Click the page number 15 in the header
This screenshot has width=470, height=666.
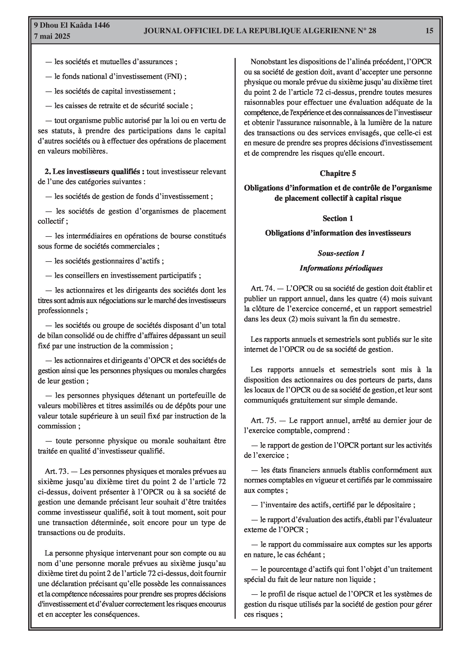click(429, 31)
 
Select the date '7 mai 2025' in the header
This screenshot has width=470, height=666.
click(52, 37)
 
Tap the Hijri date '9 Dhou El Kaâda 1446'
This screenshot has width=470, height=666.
click(72, 25)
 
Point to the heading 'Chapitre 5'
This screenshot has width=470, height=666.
click(338, 173)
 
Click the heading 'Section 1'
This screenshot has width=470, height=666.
click(338, 218)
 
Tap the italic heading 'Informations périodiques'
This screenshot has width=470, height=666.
click(341, 268)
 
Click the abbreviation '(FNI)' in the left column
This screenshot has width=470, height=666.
click(173, 76)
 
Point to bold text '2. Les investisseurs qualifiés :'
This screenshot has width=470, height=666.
click(95, 171)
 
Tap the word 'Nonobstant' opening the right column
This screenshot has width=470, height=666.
click(268, 62)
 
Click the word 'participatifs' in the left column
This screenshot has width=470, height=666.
click(178, 275)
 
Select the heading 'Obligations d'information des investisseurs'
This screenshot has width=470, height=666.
click(338, 233)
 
